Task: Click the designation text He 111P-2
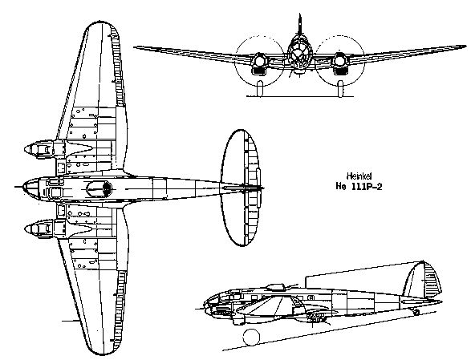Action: point(359,187)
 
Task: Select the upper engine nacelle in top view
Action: point(45,149)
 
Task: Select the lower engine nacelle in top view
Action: point(45,229)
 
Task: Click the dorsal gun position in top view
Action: point(99,189)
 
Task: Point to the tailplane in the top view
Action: point(241,188)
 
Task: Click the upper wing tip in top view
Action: point(101,24)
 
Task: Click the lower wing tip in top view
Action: point(101,352)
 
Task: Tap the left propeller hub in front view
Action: point(259,60)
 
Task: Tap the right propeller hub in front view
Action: point(339,60)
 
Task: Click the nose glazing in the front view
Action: point(298,54)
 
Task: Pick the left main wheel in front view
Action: point(260,87)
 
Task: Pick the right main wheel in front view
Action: point(340,88)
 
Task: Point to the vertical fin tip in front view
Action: point(299,14)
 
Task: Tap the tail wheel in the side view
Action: point(416,312)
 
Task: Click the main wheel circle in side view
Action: point(251,337)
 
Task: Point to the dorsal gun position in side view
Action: point(276,287)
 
